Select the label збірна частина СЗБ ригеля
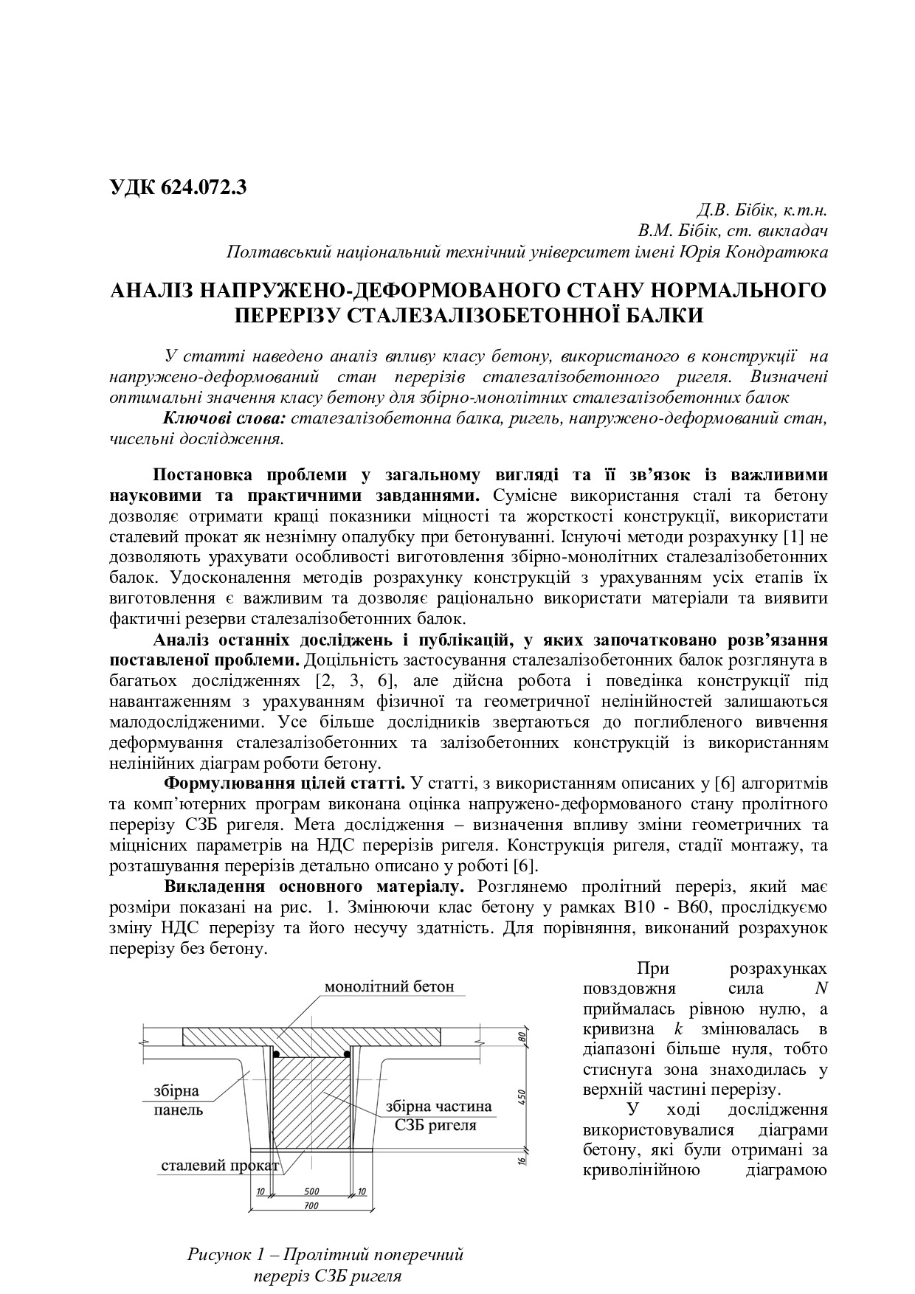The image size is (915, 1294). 438,1115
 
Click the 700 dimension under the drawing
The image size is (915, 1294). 310,1206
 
